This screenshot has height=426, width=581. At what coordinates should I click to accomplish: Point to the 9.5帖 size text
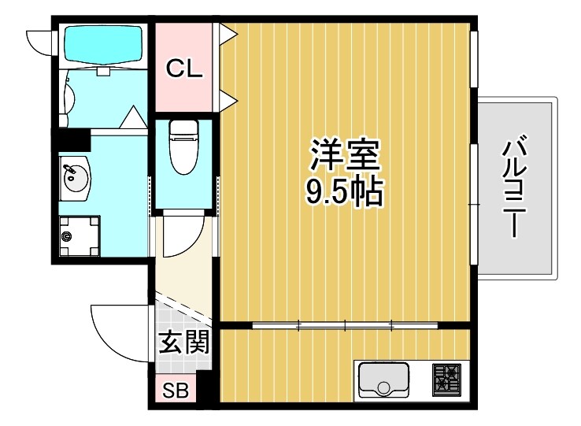pyautogui.click(x=345, y=191)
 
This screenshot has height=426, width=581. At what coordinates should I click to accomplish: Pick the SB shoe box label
pyautogui.click(x=175, y=391)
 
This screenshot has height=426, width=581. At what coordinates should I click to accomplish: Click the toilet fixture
pyautogui.click(x=183, y=146)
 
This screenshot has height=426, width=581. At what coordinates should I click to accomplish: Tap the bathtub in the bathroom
pyautogui.click(x=102, y=45)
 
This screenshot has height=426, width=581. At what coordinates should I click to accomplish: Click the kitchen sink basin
pyautogui.click(x=383, y=380)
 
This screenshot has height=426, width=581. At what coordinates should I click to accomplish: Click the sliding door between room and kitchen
pyautogui.click(x=345, y=324)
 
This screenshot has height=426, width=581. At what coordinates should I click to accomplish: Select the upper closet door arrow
pyautogui.click(x=228, y=33)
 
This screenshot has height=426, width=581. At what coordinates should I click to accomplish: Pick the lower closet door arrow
pyautogui.click(x=228, y=99)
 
